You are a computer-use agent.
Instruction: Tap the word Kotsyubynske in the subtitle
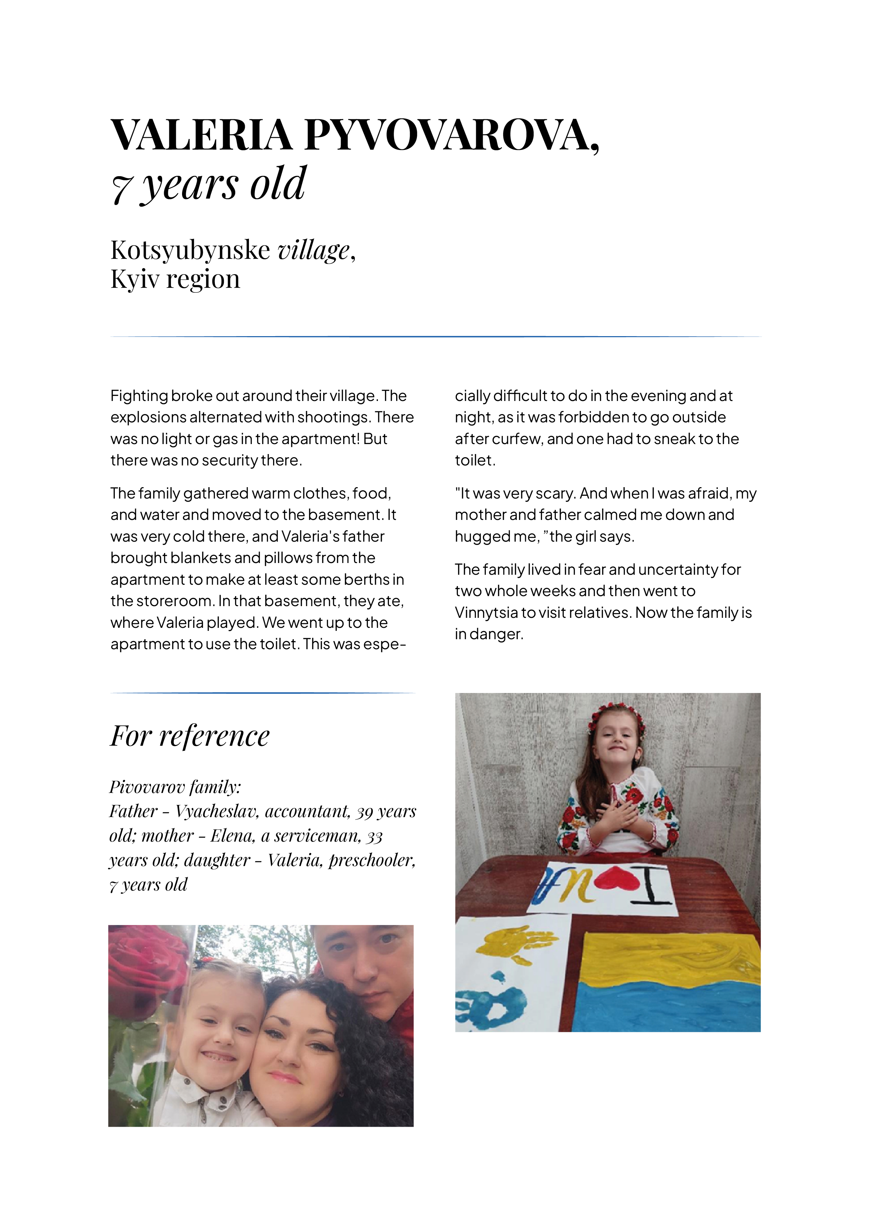[x=190, y=250]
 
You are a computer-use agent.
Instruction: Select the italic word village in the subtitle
[x=313, y=250]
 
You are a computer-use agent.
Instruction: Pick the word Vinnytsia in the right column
[x=488, y=612]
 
